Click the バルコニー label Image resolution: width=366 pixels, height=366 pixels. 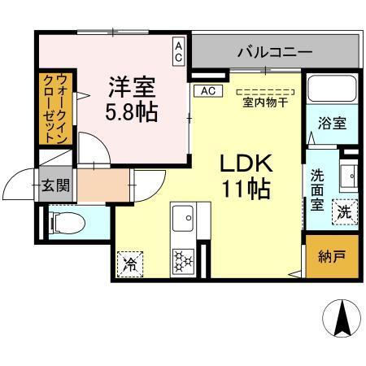click(274, 53)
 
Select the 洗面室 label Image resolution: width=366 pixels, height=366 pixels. click(318, 188)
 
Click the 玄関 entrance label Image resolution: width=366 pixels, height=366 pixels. click(57, 185)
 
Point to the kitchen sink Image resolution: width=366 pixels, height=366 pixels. click(183, 218)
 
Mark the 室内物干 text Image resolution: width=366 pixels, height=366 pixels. click(264, 102)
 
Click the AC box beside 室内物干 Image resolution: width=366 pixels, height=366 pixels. click(207, 90)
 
